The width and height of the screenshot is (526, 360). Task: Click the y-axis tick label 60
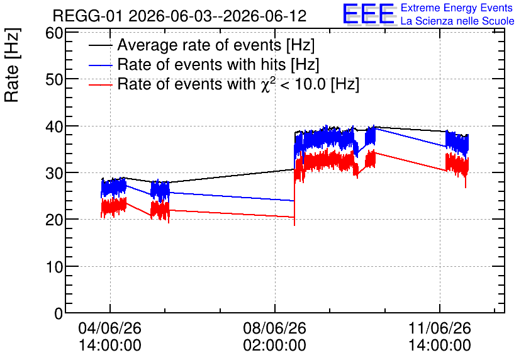click(54, 33)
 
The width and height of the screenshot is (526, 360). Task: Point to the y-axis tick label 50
click(54, 79)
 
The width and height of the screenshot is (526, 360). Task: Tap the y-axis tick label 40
click(54, 127)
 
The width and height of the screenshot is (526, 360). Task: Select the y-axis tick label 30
click(54, 173)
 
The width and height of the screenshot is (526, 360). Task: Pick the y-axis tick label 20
click(54, 220)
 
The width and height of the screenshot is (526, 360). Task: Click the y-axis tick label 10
click(54, 267)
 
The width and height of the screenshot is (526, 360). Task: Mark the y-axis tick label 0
click(59, 313)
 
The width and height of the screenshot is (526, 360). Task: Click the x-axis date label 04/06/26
click(110, 328)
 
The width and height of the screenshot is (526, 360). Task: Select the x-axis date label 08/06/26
click(275, 328)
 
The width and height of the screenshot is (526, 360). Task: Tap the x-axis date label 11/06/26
click(439, 328)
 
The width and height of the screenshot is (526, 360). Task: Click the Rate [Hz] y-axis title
click(12, 65)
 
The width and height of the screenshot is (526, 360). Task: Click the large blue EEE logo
click(369, 14)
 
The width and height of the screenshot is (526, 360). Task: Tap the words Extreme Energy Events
click(457, 8)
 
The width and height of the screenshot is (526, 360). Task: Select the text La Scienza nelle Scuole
click(457, 21)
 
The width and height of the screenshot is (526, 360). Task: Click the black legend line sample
click(100, 45)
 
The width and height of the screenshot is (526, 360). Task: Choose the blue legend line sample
click(100, 65)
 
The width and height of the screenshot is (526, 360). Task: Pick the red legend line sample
click(100, 85)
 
